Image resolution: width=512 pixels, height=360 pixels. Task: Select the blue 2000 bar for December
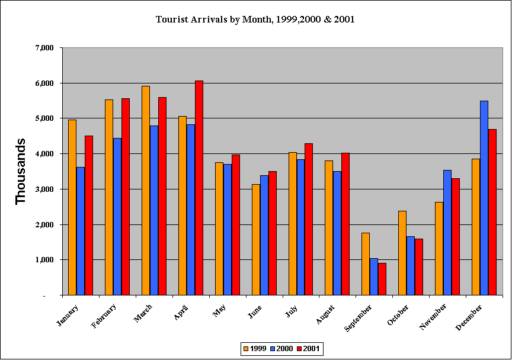point(484,198)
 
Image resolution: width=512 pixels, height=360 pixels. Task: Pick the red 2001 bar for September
point(382,279)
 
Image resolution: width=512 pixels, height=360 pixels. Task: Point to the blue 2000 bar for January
point(81,231)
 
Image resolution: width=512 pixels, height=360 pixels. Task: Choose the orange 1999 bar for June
point(256,239)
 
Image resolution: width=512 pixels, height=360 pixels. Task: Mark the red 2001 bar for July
point(309,219)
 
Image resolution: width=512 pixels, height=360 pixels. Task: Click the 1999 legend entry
point(254,349)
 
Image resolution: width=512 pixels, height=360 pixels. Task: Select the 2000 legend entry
point(281,349)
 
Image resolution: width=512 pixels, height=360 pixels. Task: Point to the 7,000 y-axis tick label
point(44,47)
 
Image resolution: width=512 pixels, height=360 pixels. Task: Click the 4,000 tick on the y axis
point(44,153)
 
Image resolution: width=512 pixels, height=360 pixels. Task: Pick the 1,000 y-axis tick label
point(44,259)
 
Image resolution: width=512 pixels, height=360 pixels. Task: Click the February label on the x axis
point(104,316)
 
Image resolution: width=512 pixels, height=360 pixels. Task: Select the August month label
point(325,314)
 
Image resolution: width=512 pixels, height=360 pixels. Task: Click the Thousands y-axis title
point(21,171)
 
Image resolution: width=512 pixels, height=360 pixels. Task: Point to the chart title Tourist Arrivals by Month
point(255,20)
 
